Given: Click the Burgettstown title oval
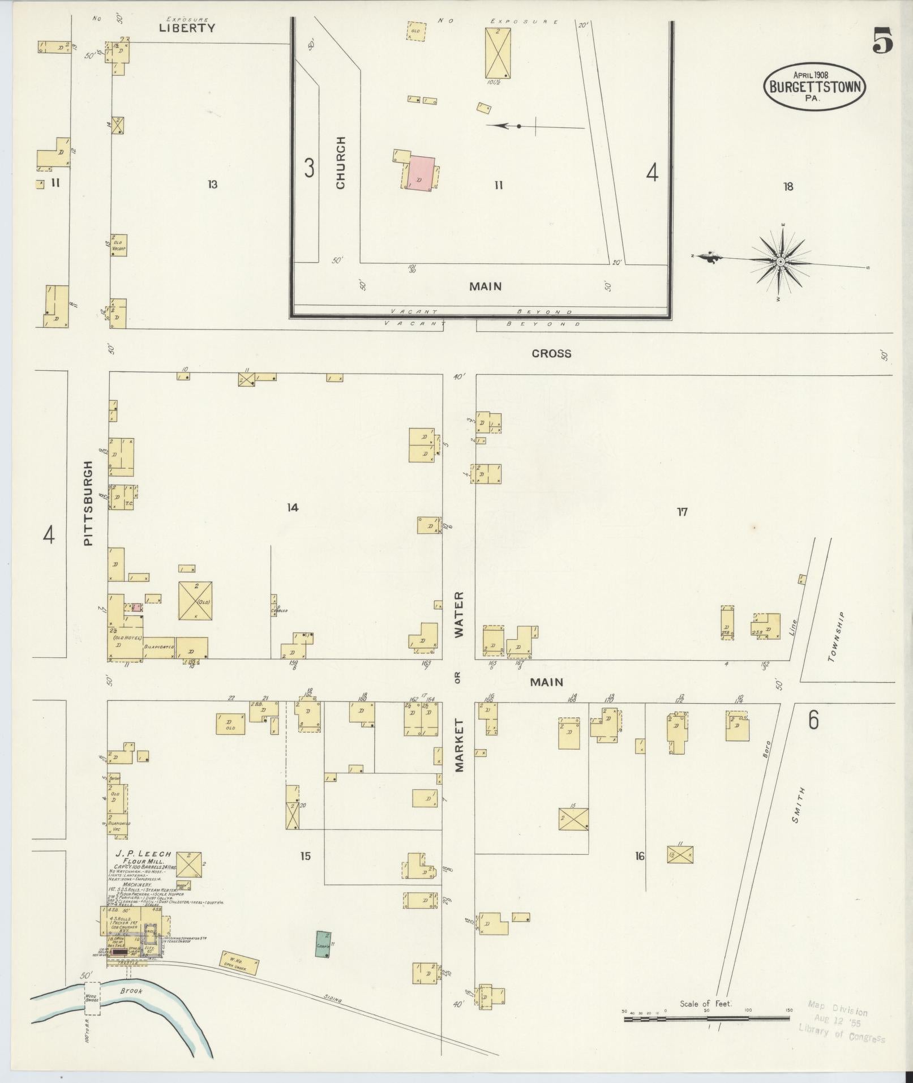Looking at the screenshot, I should click(815, 87).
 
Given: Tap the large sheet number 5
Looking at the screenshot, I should click(882, 41).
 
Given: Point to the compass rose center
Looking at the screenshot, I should click(780, 261).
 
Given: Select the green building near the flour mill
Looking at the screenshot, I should click(323, 944).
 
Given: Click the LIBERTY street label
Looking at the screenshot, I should click(187, 28).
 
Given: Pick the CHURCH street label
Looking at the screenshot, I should click(340, 162).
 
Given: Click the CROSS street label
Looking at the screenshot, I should click(551, 353).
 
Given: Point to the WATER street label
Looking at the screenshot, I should click(458, 614).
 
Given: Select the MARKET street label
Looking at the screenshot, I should click(458, 745).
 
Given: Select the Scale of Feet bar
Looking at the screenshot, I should click(706, 1018).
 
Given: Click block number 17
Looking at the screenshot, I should click(682, 512).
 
